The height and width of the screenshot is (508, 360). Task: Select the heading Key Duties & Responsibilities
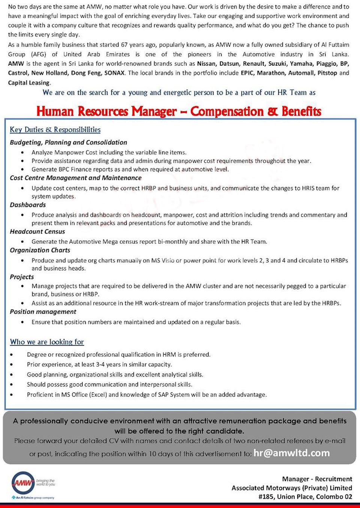tap(55, 130)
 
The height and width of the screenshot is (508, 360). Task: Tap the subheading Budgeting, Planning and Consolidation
tap(68, 143)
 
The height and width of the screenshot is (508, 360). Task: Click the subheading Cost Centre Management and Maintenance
tap(75, 178)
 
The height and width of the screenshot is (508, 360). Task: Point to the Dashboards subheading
tap(28, 205)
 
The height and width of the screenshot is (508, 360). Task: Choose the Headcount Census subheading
tap(37, 232)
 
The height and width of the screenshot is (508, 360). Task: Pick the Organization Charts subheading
tap(40, 250)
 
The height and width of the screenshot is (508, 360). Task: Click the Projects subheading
tap(22, 277)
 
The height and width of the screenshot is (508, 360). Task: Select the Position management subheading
tap(43, 312)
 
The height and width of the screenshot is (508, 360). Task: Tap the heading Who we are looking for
tap(47, 342)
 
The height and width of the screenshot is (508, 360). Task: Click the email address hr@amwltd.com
tap(291, 453)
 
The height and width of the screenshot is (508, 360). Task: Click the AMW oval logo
tap(23, 483)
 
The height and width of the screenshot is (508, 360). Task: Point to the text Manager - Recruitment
tap(317, 479)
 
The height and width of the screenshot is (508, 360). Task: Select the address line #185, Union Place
tap(305, 497)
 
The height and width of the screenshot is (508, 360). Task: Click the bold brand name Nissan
tap(206, 64)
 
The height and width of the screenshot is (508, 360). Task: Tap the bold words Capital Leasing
tap(29, 83)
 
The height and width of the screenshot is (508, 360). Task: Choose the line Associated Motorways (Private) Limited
tap(291, 488)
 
